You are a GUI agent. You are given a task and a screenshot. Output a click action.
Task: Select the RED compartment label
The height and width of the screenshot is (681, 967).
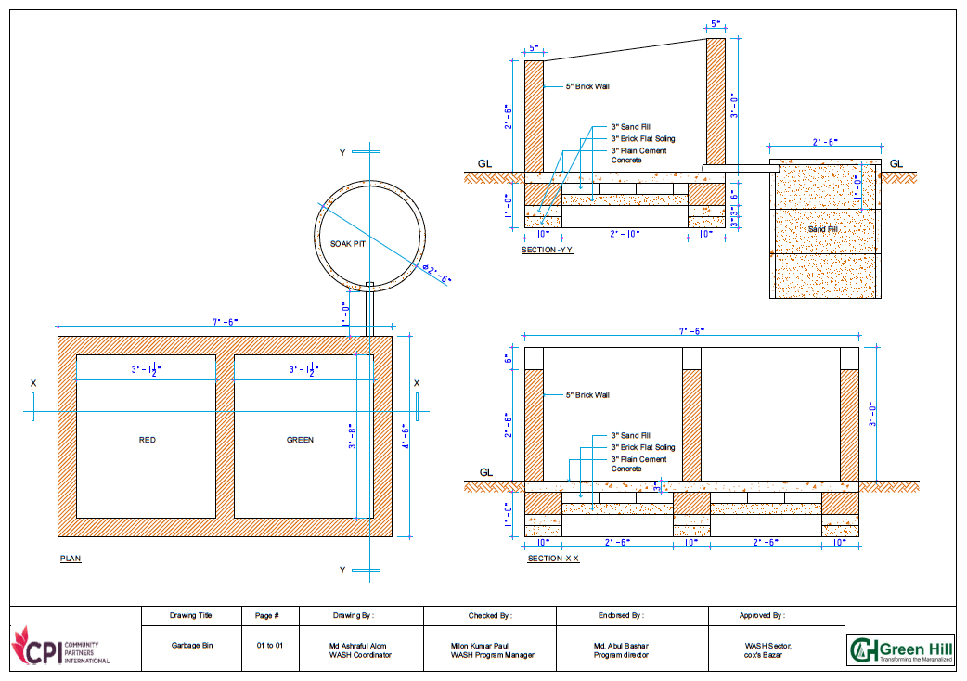(148, 440)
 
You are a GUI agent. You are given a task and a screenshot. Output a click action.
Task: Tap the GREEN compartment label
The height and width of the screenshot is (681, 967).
(300, 440)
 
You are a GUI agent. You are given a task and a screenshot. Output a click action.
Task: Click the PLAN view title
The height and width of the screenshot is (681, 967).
(71, 559)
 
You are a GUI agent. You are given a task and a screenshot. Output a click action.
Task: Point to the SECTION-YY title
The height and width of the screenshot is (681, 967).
(548, 251)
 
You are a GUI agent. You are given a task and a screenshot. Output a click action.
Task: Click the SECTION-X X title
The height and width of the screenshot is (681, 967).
(553, 559)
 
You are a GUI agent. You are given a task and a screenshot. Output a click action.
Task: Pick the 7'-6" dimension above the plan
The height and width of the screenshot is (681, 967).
(226, 322)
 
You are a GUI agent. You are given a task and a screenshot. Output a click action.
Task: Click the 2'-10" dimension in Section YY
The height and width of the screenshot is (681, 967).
(625, 233)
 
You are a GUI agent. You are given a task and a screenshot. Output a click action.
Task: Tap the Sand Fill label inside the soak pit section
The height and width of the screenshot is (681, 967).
(822, 228)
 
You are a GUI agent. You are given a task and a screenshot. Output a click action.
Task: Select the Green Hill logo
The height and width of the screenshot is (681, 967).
(900, 649)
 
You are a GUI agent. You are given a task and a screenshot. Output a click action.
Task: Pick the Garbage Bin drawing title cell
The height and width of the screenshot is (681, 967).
(191, 644)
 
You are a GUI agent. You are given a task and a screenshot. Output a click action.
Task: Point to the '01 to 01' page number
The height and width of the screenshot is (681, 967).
(269, 644)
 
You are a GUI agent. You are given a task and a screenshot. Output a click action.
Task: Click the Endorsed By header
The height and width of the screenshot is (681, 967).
(620, 615)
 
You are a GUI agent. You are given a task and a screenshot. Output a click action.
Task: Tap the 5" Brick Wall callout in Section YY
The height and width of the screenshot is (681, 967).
(587, 86)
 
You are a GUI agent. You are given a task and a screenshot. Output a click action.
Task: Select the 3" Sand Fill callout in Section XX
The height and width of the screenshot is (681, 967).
(630, 435)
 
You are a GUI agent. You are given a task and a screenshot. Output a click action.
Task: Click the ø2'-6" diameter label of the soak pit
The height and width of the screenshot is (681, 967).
(436, 274)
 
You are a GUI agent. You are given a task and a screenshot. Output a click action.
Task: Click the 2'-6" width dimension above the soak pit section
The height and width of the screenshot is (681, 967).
(825, 142)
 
